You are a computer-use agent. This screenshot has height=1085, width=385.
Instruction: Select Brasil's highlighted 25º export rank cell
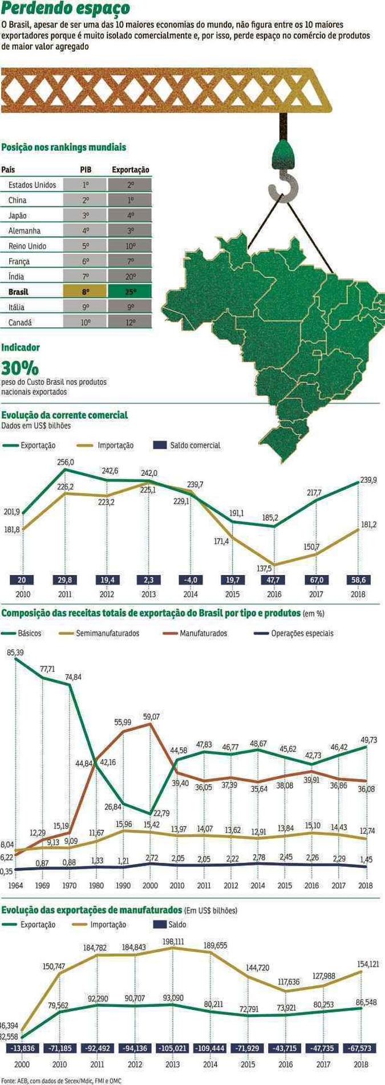(131, 292)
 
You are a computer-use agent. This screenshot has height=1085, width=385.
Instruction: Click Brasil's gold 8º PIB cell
(86, 292)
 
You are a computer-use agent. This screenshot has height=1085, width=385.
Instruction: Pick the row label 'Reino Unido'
(27, 246)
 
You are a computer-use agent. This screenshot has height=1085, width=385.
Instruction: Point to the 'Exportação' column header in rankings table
(131, 170)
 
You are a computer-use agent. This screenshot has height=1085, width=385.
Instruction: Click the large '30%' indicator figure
(20, 368)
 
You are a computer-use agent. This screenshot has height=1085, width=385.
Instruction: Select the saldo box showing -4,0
(191, 580)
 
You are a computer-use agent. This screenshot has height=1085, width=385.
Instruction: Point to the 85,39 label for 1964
(15, 652)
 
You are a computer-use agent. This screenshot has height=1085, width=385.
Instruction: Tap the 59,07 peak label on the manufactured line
(152, 716)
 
